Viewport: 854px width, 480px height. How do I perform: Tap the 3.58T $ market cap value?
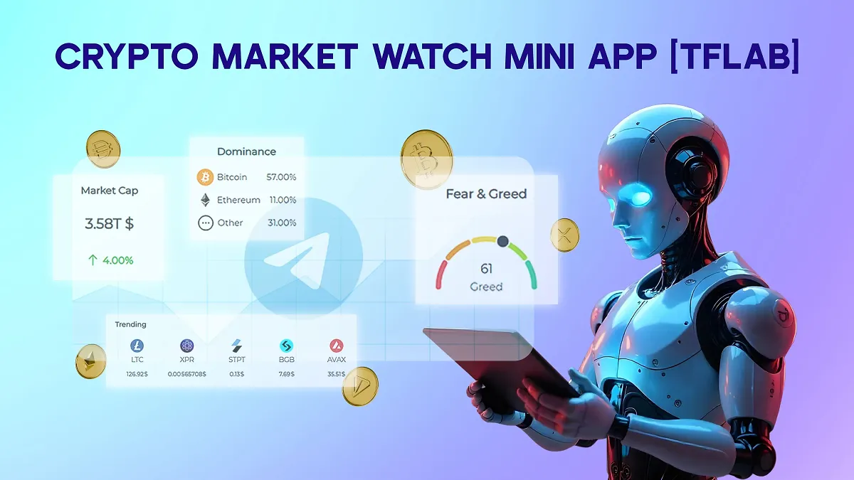(109, 223)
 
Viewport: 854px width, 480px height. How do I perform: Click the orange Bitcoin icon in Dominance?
(205, 177)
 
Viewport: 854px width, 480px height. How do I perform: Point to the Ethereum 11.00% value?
(283, 200)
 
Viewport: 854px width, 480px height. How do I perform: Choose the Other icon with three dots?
(205, 223)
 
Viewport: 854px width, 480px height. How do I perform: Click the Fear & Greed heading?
(486, 193)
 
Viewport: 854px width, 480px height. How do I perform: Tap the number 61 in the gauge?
(486, 269)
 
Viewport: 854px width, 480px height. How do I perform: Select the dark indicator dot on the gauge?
(503, 241)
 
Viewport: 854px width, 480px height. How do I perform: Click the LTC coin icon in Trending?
(137, 346)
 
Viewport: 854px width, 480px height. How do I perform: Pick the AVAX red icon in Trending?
(337, 346)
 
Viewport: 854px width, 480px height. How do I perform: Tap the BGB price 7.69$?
(287, 374)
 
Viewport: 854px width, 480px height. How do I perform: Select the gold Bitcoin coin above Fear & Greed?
(426, 158)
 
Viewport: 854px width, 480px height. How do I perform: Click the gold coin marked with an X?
(565, 235)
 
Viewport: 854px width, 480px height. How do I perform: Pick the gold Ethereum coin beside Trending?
(90, 361)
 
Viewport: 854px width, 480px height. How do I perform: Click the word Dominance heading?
(246, 151)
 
